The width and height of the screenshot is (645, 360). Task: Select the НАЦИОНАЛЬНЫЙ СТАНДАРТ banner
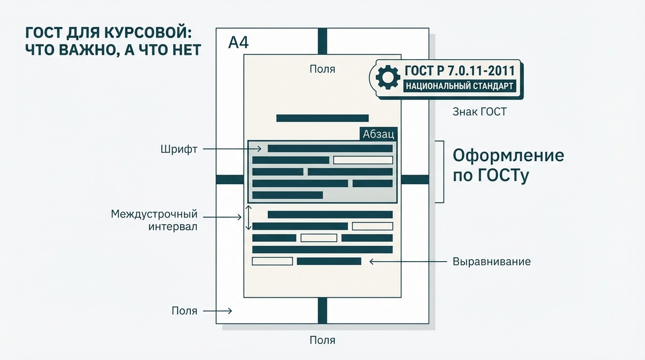click(x=458, y=85)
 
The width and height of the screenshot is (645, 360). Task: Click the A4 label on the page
click(x=238, y=43)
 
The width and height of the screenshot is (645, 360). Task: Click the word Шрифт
click(x=178, y=149)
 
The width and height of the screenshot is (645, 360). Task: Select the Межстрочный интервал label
click(x=154, y=220)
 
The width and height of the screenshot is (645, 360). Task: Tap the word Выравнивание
click(x=491, y=262)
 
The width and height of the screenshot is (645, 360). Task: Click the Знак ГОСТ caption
click(x=480, y=112)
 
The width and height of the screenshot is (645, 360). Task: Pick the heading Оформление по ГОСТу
click(x=508, y=165)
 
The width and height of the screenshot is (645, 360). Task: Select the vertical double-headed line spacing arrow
click(x=248, y=218)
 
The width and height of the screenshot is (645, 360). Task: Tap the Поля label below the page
click(x=322, y=340)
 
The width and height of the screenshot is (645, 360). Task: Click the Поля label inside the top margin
click(x=322, y=69)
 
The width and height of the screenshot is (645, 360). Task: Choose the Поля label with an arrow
click(x=184, y=311)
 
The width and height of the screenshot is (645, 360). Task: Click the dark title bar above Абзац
click(x=322, y=118)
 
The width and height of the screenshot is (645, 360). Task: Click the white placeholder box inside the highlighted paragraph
click(x=363, y=160)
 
